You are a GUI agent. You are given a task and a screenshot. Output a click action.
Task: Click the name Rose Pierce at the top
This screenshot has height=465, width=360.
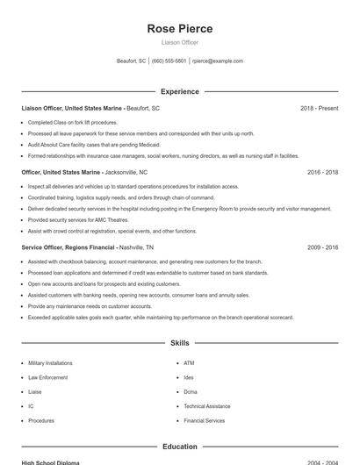coord(180,28)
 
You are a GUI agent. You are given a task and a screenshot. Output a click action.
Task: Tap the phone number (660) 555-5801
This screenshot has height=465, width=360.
coord(169,61)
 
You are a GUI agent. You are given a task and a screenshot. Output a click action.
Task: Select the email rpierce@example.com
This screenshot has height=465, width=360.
coord(218,61)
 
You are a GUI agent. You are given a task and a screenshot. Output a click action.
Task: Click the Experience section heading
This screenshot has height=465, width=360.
coord(180,91)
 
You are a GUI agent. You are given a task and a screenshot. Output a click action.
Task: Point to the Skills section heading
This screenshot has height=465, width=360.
coord(180,343)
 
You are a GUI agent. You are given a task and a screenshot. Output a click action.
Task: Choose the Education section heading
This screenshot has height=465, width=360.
coord(180,447)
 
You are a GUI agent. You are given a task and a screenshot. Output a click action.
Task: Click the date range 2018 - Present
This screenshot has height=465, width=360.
coord(319,108)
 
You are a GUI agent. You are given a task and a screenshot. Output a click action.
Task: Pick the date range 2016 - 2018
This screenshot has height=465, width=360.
coord(322,173)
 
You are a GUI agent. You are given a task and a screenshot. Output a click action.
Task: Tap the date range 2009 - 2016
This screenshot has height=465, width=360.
coord(322,248)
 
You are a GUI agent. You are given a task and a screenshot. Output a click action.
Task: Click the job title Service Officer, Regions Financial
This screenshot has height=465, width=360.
coord(68,248)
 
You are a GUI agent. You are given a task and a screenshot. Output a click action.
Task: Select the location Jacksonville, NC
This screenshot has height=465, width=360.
coord(126,173)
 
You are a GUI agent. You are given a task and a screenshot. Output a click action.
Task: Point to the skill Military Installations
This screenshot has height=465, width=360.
coord(50,362)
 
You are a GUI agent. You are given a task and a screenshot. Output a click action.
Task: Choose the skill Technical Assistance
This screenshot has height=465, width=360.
coord(207,406)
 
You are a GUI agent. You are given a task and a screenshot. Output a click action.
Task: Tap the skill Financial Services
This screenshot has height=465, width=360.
coord(205,421)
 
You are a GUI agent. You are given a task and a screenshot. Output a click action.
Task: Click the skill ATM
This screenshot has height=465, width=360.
coord(189,362)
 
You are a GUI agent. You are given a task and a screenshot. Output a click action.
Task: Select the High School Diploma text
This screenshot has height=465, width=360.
coord(50,462)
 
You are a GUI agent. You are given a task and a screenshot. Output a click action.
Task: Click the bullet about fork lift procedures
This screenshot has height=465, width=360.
coord(72,122)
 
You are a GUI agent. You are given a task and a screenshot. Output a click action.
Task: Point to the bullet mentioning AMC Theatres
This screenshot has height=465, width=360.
coord(78,220)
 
